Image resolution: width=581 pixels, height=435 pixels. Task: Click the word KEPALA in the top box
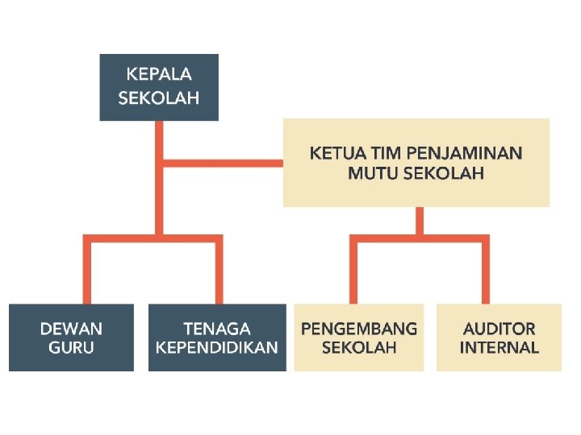159,75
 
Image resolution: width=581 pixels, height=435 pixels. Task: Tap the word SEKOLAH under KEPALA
159,98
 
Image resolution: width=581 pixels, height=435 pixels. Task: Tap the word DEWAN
72,329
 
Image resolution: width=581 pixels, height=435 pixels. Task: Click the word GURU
72,348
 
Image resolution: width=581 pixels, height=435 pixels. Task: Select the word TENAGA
217,329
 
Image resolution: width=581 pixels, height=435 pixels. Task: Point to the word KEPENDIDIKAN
217,348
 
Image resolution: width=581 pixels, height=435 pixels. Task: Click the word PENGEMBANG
359,329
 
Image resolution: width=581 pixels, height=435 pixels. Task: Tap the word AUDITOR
499,329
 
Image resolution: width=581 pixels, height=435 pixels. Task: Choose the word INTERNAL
499,348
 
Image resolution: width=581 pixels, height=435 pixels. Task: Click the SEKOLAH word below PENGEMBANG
359,348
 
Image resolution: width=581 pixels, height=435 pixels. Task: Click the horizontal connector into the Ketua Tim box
222,163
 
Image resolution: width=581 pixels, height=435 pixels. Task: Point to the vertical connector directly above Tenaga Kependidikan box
218,270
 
